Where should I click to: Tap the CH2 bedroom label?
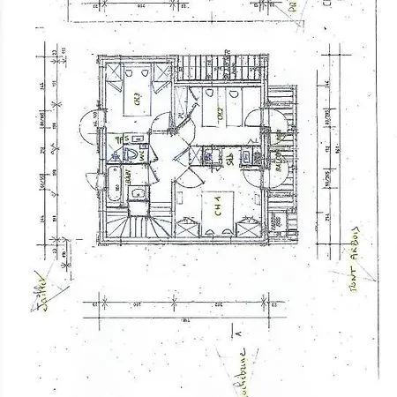(216, 113)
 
